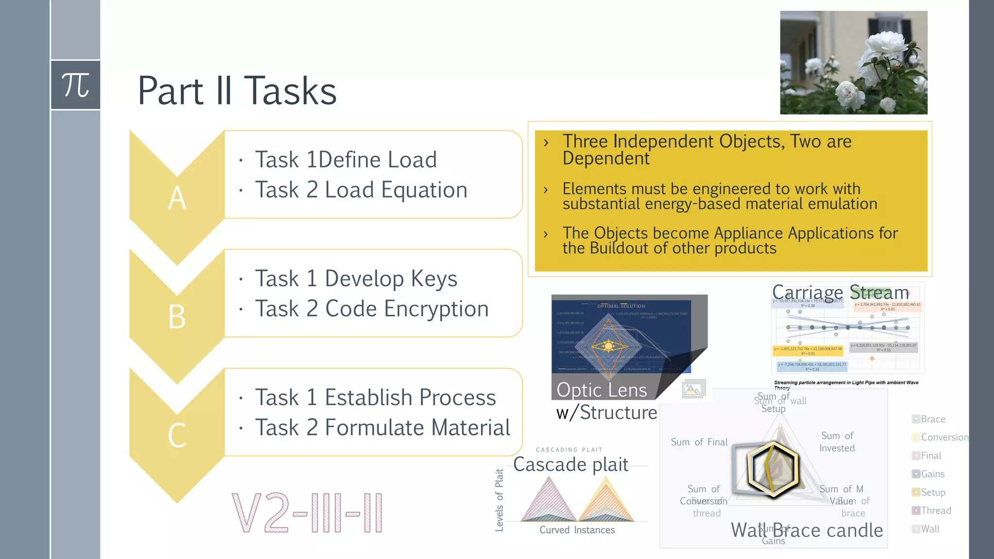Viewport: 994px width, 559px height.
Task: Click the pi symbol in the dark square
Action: click(x=76, y=85)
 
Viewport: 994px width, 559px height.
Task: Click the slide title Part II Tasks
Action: click(x=237, y=91)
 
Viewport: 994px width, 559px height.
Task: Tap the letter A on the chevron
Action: click(x=177, y=198)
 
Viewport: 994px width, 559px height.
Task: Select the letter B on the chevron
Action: click(x=177, y=317)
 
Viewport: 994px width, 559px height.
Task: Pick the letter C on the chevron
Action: click(x=177, y=435)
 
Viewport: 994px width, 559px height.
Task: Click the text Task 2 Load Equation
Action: click(x=361, y=190)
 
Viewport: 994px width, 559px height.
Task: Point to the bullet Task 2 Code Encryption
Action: click(x=372, y=309)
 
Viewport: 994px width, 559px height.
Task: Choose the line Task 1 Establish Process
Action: click(x=375, y=397)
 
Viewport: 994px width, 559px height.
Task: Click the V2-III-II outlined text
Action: click(x=307, y=513)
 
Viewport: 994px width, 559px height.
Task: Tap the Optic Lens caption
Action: click(x=602, y=390)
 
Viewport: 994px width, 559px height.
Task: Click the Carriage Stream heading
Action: click(x=840, y=293)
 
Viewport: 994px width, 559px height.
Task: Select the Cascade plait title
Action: click(x=571, y=464)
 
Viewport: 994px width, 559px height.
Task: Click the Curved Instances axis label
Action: click(x=577, y=530)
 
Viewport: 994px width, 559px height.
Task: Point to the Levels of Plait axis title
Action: click(x=499, y=500)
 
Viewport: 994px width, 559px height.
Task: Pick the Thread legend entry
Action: click(x=935, y=510)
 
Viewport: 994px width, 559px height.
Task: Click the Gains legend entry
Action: click(x=932, y=474)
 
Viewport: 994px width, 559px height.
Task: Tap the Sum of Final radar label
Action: click(x=699, y=442)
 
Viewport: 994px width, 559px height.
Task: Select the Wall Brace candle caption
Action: click(x=807, y=530)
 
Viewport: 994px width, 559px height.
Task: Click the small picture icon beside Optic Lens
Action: click(x=694, y=389)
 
